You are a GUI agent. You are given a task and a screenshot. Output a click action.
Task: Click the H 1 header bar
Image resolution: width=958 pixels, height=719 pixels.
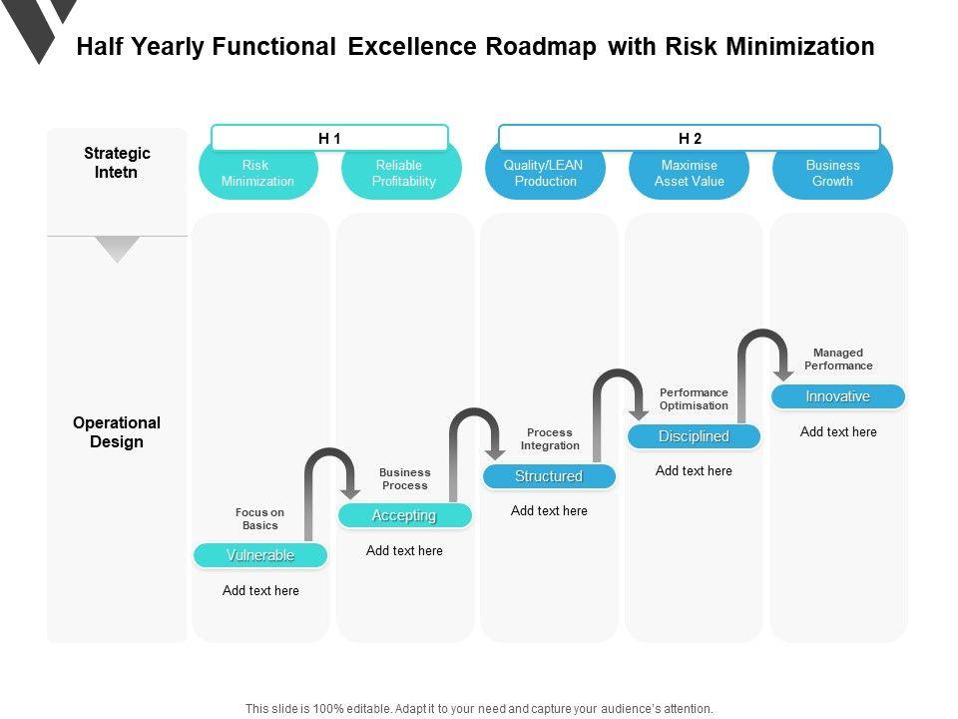(329, 138)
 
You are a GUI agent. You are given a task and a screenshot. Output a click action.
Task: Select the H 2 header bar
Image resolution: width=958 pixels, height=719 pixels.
(690, 138)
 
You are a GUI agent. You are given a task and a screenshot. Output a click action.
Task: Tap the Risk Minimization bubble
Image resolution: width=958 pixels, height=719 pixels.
(257, 175)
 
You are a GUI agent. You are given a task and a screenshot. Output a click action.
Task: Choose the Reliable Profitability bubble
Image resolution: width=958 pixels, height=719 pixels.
(401, 175)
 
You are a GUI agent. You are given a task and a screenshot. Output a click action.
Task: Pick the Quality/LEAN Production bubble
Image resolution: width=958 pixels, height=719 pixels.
(545, 175)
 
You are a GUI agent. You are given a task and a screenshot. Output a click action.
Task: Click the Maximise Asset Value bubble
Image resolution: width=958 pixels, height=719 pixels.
(689, 175)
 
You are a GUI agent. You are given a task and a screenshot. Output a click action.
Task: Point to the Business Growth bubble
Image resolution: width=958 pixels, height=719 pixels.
(832, 175)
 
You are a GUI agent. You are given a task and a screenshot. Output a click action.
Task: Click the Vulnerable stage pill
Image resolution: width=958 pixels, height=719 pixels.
(260, 555)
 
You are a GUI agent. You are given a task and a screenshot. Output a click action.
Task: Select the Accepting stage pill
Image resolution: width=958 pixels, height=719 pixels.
(404, 515)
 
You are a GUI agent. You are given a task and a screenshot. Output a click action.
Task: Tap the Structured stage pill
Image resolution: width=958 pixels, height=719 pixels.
(549, 476)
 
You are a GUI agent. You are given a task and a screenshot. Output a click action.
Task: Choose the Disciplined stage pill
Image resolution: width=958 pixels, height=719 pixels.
(694, 436)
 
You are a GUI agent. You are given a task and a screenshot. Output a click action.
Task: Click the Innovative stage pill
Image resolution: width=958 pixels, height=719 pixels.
(838, 396)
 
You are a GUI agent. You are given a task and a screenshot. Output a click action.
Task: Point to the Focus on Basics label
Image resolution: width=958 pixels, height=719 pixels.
(260, 519)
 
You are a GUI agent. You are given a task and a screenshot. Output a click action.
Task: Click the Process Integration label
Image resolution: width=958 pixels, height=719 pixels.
(550, 439)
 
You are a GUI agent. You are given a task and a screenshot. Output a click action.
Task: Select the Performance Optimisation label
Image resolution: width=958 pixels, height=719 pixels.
(694, 399)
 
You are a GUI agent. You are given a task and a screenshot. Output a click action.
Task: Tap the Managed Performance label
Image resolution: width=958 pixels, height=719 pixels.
(838, 359)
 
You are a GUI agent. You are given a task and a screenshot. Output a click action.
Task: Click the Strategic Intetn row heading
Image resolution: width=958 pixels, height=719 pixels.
(117, 163)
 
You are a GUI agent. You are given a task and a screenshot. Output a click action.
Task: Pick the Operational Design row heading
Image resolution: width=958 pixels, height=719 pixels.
(117, 432)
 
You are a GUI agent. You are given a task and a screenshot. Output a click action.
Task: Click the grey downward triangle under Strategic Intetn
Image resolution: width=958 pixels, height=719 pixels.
(117, 249)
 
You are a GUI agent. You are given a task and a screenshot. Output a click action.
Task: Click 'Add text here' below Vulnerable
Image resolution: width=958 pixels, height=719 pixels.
(260, 590)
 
